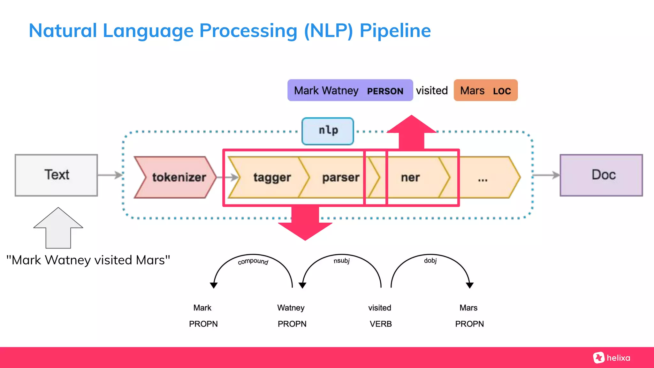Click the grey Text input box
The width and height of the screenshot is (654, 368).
(x=56, y=175)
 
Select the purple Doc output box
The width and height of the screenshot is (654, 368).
(x=601, y=175)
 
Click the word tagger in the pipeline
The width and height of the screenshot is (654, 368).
(x=272, y=177)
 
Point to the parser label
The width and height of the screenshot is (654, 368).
(x=340, y=177)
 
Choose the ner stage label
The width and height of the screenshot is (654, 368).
(x=410, y=177)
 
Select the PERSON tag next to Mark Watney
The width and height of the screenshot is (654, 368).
(x=385, y=91)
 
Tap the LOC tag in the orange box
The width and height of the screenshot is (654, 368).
(x=502, y=91)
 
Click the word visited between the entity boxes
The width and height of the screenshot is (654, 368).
(x=432, y=91)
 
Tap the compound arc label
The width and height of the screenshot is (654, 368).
(x=253, y=261)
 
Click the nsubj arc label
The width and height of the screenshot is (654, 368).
(x=341, y=261)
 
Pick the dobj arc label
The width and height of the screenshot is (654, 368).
(x=430, y=260)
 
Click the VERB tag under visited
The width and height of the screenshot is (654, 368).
(x=381, y=324)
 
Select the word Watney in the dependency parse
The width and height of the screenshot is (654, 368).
(x=291, y=308)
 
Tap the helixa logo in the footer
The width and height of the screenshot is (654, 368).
(x=612, y=358)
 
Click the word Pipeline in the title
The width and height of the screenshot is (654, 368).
(x=395, y=31)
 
